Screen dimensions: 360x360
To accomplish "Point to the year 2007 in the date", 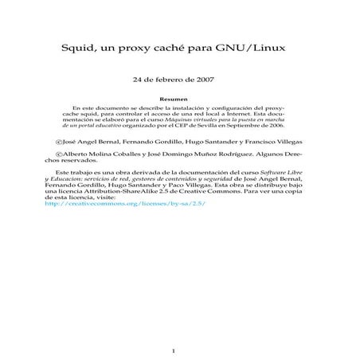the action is [205, 80].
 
